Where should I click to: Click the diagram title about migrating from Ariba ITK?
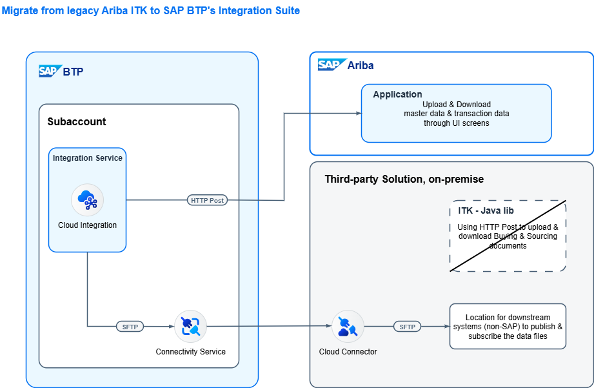point(151,11)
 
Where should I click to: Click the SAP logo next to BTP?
point(49,71)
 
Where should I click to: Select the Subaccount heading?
point(76,121)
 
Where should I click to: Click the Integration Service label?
point(87,158)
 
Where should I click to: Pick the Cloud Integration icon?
point(87,200)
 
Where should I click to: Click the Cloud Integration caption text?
point(87,225)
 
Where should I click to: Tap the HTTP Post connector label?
point(207,200)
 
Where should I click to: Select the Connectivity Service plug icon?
point(190,327)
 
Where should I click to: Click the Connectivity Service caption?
point(190,352)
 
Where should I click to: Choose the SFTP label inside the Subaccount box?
point(130,327)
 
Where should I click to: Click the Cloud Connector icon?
point(348,327)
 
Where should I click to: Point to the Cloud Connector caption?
point(348,352)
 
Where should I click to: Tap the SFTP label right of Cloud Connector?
point(407,327)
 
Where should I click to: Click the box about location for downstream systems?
point(507,326)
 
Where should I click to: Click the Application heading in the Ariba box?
point(397,94)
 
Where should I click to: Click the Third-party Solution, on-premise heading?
point(404,179)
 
